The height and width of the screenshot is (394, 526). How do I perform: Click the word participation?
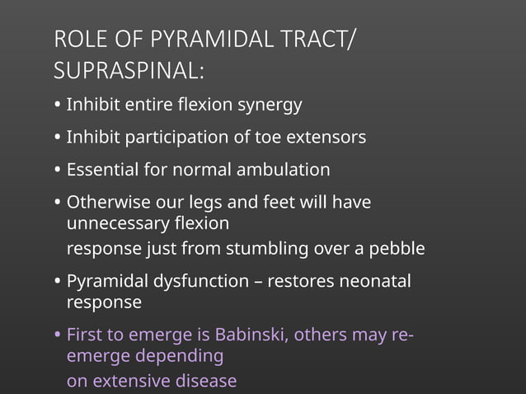(x=172, y=138)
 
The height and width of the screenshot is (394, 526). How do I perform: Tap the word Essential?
(x=102, y=170)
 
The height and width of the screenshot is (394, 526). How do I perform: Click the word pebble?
(x=397, y=248)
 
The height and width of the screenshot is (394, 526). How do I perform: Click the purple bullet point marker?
(x=57, y=336)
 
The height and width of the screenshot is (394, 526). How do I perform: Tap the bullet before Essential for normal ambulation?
(x=57, y=171)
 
